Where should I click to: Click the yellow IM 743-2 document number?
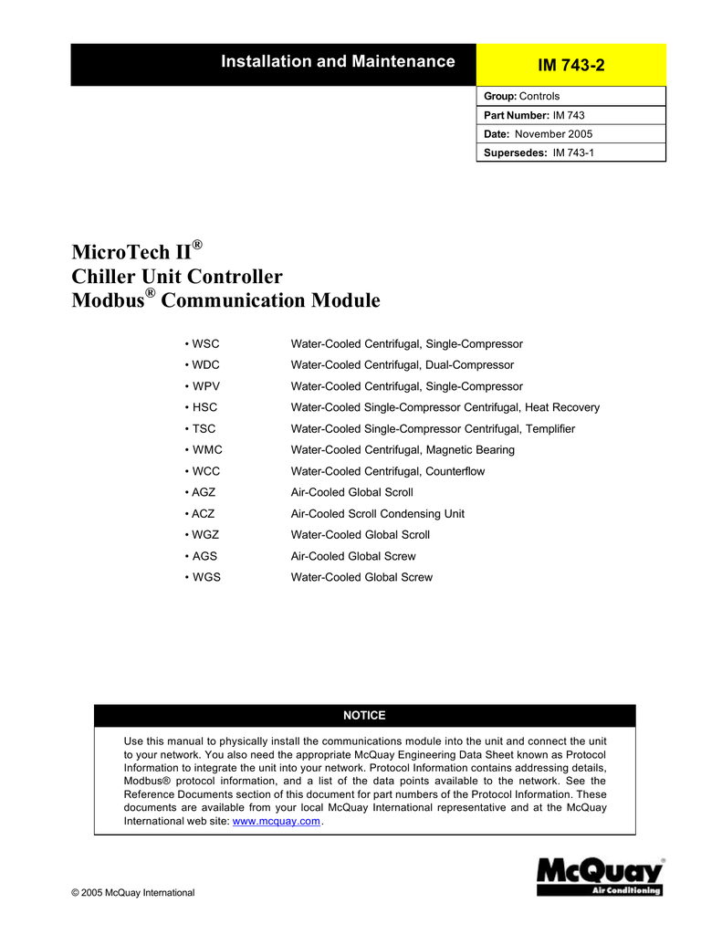(x=571, y=65)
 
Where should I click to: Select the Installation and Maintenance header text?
(x=339, y=62)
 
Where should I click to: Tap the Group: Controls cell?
(x=570, y=96)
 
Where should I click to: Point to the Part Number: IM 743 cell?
(x=570, y=115)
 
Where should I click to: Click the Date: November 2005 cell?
(x=570, y=134)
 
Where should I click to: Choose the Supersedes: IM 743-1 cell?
(x=570, y=152)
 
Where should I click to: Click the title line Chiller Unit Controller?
(x=177, y=277)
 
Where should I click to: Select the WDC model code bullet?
(x=203, y=365)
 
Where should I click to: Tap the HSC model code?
(x=202, y=407)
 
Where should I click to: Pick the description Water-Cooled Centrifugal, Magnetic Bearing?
(x=403, y=450)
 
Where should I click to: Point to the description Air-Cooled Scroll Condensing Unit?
(x=377, y=514)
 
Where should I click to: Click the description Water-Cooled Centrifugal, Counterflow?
(x=387, y=471)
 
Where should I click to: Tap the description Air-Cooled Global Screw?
(x=352, y=556)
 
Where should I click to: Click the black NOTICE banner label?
(x=364, y=715)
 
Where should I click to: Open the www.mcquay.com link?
(x=277, y=822)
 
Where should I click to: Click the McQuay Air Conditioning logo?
(x=600, y=877)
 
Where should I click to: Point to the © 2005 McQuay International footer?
(x=133, y=892)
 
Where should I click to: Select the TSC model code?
(x=202, y=429)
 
